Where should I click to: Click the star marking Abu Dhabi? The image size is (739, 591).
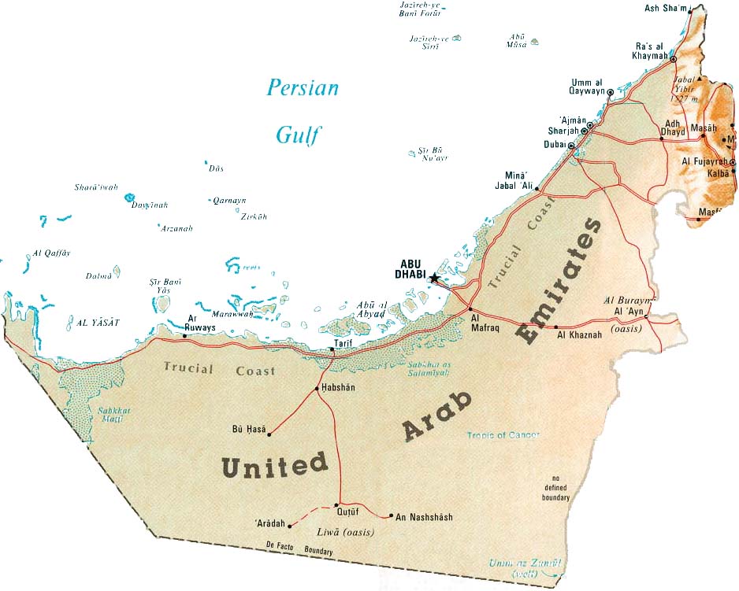point(433,278)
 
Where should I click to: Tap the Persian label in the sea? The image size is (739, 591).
point(303,87)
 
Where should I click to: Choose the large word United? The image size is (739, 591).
point(274,465)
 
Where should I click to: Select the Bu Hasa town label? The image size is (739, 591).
point(250,430)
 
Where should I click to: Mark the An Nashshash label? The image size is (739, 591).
point(424,517)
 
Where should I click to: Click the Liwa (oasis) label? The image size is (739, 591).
point(345,533)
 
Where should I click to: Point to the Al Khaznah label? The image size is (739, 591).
point(579,335)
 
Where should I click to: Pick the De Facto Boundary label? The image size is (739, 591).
point(299,548)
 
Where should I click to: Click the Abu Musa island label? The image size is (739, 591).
point(517,40)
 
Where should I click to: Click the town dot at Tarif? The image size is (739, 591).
point(332,349)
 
